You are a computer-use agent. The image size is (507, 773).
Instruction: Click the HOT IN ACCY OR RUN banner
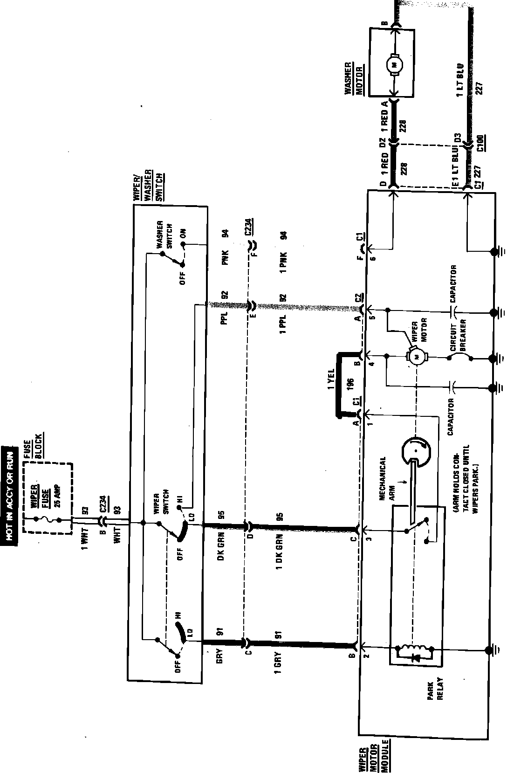(9, 494)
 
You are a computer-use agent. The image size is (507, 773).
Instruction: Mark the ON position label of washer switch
(183, 234)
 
